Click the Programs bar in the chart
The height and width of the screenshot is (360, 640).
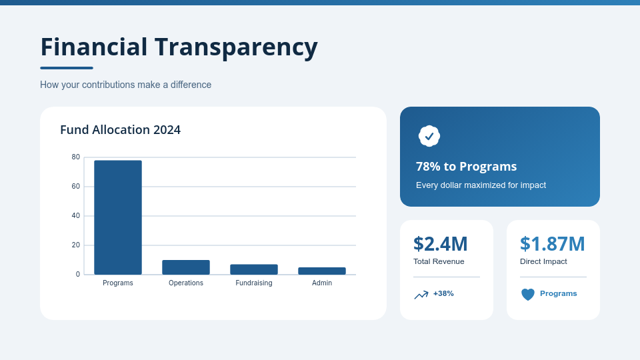118,217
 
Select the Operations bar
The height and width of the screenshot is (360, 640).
186,267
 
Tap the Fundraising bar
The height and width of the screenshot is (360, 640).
254,269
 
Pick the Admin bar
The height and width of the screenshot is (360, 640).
322,271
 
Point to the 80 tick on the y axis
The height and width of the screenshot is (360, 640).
76,157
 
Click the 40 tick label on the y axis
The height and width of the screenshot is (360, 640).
76,216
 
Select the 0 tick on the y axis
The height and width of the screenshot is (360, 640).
78,274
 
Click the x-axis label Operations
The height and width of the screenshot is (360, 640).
186,283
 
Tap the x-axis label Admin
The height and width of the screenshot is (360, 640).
322,283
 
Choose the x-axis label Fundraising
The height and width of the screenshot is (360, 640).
254,283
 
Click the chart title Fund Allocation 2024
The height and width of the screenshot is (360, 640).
120,130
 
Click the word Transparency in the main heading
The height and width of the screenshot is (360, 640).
236,47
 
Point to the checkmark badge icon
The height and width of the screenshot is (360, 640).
429,136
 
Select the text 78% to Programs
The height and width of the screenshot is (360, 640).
466,167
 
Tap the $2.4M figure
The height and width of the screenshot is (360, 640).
440,244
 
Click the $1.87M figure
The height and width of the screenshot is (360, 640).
552,244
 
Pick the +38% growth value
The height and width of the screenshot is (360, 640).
443,293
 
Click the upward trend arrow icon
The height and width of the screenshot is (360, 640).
421,295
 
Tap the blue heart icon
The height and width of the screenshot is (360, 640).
528,294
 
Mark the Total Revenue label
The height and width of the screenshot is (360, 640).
439,261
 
